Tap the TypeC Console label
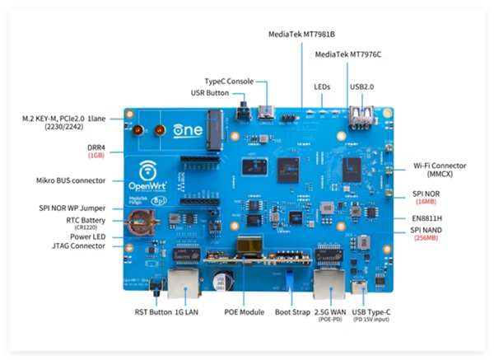pyautogui.click(x=229, y=81)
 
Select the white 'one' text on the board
pyautogui.click(x=184, y=129)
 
